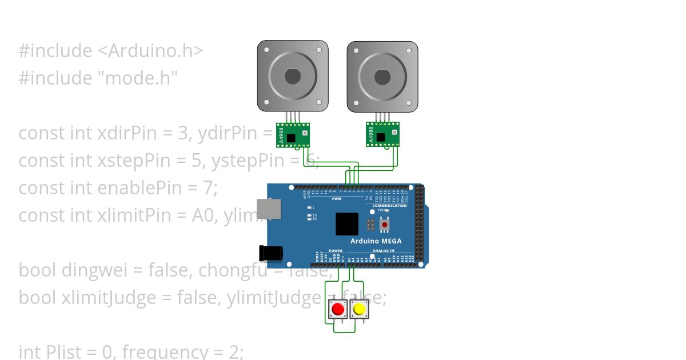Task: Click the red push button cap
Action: (x=338, y=309)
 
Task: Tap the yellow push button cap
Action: (x=359, y=309)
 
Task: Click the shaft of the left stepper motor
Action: (x=292, y=76)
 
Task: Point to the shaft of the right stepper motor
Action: (x=382, y=76)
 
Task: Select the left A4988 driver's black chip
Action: (x=291, y=138)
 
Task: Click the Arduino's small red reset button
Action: (x=384, y=225)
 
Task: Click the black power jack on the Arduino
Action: (x=269, y=253)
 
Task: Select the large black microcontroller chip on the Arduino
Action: (x=347, y=224)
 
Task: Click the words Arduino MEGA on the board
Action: (x=376, y=241)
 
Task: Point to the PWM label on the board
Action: (x=336, y=199)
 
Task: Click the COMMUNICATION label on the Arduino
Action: (x=389, y=206)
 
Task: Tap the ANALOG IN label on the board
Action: (x=384, y=251)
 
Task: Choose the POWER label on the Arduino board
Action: (x=336, y=251)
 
